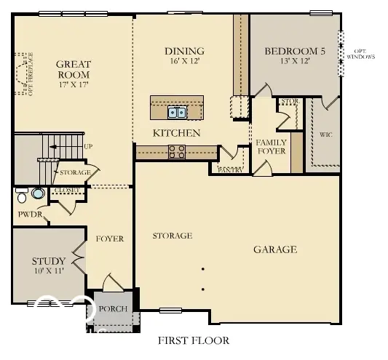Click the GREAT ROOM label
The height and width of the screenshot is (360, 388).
click(x=73, y=69)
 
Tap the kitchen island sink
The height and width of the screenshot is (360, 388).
click(x=177, y=112)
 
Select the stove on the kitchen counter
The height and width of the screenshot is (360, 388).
click(x=177, y=151)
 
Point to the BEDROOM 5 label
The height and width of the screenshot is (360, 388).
click(x=294, y=51)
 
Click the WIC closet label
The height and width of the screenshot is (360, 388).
click(x=325, y=135)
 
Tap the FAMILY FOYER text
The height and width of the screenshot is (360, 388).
click(x=271, y=146)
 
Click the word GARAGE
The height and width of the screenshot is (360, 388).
click(x=274, y=249)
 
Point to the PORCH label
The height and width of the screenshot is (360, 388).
click(x=113, y=309)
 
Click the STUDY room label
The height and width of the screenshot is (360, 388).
click(x=49, y=261)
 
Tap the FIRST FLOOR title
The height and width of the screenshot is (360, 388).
click(x=193, y=340)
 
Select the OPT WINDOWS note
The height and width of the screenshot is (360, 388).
click(x=360, y=52)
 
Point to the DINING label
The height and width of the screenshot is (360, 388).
click(x=183, y=51)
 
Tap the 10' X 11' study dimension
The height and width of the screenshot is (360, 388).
click(x=49, y=271)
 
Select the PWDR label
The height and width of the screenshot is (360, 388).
click(x=31, y=215)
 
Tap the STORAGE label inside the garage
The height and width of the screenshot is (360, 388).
click(x=172, y=236)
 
